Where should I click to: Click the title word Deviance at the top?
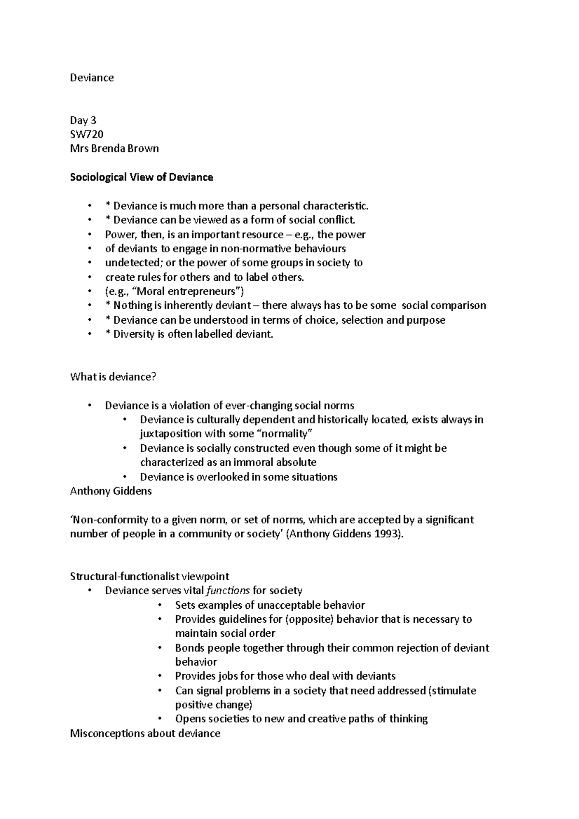pyautogui.click(x=92, y=78)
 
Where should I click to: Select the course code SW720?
pyautogui.click(x=87, y=134)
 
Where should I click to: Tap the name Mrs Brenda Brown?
pyautogui.click(x=114, y=149)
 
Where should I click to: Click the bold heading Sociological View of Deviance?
pyautogui.click(x=141, y=177)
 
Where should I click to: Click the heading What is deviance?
pyautogui.click(x=113, y=377)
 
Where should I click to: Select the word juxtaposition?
pyautogui.click(x=171, y=434)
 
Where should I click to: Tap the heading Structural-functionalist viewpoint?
pyautogui.click(x=150, y=576)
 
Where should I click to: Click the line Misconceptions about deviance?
pyautogui.click(x=145, y=734)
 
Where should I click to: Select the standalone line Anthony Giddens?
pyautogui.click(x=111, y=491)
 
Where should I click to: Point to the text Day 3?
pyautogui.click(x=83, y=120)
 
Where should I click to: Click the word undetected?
pyautogui.click(x=129, y=263)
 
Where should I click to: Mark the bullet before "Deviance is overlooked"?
pyautogui.click(x=125, y=477)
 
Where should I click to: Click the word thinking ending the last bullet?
pyautogui.click(x=408, y=719)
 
